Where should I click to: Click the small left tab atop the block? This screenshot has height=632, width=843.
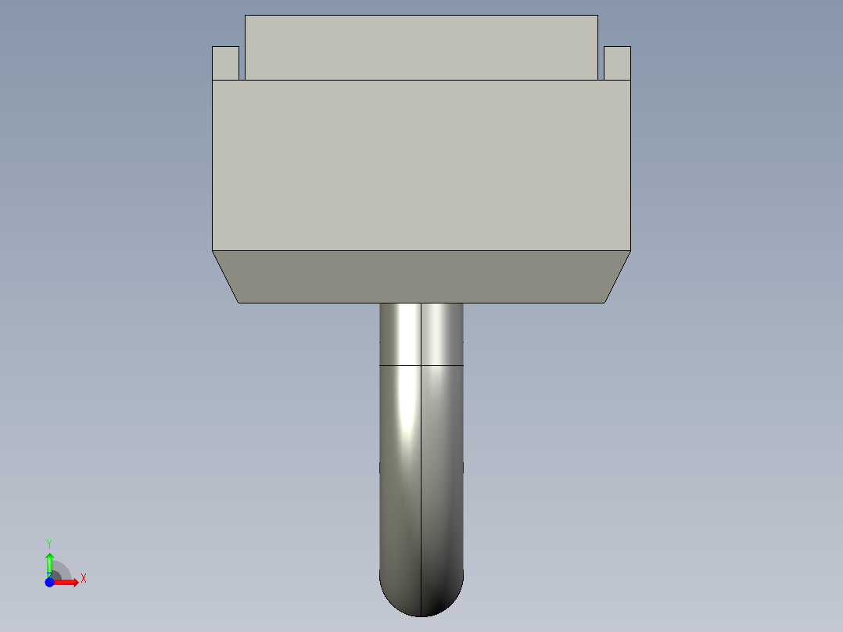click(x=225, y=63)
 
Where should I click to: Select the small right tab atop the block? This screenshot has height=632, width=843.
click(x=617, y=63)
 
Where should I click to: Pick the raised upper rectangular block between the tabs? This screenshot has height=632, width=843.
click(x=421, y=47)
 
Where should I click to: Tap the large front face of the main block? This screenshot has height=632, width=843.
click(x=421, y=165)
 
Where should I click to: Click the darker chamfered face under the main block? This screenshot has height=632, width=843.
click(x=421, y=277)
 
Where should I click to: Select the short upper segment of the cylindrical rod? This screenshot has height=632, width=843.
click(x=421, y=334)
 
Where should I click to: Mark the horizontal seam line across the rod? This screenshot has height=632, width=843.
click(x=421, y=365)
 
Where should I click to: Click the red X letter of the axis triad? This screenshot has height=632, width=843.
click(x=84, y=579)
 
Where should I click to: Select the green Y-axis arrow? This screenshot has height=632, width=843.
click(x=49, y=562)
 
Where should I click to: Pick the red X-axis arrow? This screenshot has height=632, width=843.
click(x=67, y=582)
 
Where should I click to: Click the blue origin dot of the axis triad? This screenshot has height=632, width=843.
click(x=49, y=582)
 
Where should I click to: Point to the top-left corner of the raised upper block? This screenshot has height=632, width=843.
click(x=246, y=16)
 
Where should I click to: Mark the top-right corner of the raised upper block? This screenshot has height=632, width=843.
click(x=598, y=16)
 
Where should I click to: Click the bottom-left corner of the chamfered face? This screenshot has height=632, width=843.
click(x=239, y=303)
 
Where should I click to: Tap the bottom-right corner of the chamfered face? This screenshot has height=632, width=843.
click(x=604, y=303)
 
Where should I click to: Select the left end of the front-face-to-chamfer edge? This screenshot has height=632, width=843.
click(x=213, y=251)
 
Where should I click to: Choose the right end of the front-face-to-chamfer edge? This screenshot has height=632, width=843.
click(x=630, y=251)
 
